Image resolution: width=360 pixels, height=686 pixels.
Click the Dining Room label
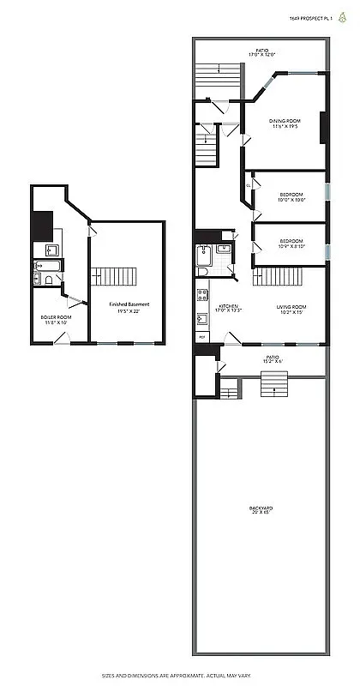285,122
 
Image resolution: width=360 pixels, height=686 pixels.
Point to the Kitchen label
227,306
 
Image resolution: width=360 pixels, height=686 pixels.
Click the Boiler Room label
56,317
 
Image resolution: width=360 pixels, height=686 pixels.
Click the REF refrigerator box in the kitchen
202,337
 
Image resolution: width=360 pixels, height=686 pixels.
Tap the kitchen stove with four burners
202,297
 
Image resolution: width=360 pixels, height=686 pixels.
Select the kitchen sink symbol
202,319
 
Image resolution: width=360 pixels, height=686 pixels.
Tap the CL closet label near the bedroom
249,184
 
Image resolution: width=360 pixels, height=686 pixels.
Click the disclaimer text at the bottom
180,675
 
